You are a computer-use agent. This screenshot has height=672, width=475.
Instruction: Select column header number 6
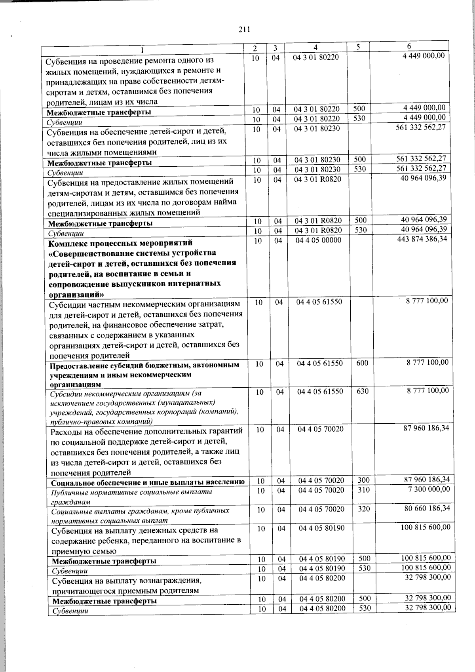pos(409,46)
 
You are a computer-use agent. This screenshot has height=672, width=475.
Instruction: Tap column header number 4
pos(315,47)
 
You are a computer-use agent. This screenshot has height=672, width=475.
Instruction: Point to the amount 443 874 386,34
pos(422,239)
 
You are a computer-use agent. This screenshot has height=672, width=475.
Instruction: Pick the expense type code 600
pos(362,363)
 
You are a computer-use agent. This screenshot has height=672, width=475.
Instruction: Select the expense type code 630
pos(363,391)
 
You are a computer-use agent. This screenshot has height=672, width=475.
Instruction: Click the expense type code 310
pos(364,490)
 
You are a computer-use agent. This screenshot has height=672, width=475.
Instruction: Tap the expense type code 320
pos(364,509)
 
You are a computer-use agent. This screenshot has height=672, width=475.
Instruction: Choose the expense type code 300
pos(364,480)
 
